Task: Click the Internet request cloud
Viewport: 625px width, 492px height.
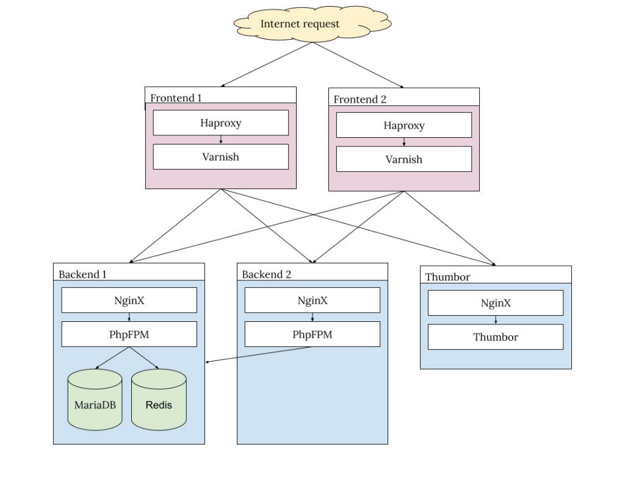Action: [x=300, y=24]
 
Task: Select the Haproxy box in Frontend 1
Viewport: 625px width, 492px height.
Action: [x=220, y=123]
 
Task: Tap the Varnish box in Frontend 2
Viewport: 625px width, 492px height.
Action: [x=403, y=160]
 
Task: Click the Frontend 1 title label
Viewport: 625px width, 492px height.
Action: [x=176, y=98]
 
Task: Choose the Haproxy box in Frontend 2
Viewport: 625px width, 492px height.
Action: [x=403, y=126]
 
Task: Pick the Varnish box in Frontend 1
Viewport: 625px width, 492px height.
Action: [x=220, y=157]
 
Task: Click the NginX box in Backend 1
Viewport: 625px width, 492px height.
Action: [x=129, y=301]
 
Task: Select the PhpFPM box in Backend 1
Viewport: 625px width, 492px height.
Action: [x=129, y=334]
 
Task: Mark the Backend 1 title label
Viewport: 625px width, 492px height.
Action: [x=82, y=274]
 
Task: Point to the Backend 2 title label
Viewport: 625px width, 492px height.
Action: [x=266, y=274]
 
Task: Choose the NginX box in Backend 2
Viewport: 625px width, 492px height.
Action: [x=312, y=301]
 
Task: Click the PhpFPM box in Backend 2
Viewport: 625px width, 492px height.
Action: [x=312, y=334]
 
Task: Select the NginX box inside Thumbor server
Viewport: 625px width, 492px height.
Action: [x=495, y=303]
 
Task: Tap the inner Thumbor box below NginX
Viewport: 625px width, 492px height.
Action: [x=495, y=337]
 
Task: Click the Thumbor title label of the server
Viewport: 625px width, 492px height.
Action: [x=447, y=277]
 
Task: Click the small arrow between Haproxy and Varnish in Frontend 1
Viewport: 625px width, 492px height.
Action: [x=221, y=140]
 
